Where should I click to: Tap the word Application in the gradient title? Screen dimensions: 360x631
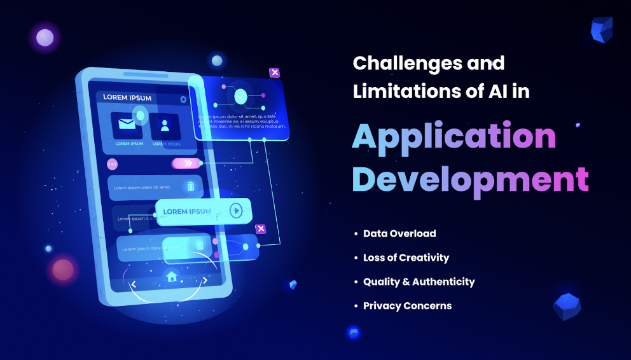point(454,136)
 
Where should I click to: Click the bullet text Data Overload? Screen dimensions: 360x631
point(399,233)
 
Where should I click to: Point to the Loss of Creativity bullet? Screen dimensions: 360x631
point(406,258)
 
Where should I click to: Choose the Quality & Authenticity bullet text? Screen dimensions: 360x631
point(419,282)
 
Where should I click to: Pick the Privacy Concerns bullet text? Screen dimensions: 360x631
point(407,306)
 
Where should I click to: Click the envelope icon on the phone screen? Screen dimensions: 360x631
point(127,125)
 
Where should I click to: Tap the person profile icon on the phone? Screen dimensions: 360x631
point(165,125)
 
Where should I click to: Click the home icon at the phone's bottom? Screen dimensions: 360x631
point(171,277)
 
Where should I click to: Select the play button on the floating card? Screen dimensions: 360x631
point(236,211)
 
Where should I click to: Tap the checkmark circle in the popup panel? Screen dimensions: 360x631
point(240,97)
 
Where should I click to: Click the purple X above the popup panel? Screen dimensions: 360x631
point(275,73)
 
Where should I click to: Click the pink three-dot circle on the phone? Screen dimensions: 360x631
point(113,164)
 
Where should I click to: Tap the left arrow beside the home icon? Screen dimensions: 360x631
point(134,284)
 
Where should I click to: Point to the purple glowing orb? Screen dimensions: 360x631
point(45,38)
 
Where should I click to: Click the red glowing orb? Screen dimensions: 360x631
point(63,269)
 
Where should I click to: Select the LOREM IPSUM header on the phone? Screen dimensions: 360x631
point(127,98)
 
